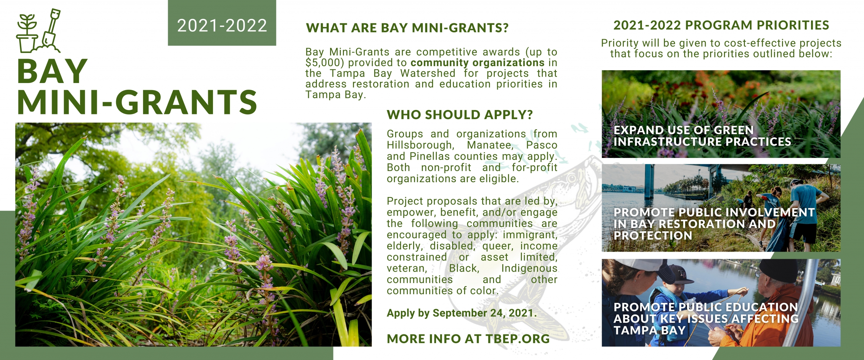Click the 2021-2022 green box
(222, 23)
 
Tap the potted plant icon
(27, 33)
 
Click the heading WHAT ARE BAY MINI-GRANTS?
(407, 28)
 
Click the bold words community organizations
(478, 63)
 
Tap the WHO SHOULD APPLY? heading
(460, 115)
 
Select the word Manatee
(490, 145)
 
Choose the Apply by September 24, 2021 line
(462, 313)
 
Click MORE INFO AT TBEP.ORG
(468, 339)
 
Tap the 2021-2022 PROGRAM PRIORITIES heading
(721, 25)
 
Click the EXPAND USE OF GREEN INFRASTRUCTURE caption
(702, 136)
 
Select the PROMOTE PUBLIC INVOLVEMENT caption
(714, 224)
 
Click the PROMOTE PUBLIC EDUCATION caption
(706, 319)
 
